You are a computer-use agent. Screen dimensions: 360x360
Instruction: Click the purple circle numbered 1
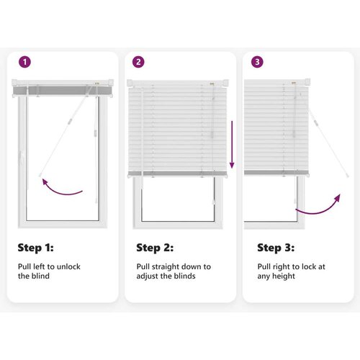[x=24, y=62]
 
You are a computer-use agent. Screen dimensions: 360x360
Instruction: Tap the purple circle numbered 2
[x=138, y=62]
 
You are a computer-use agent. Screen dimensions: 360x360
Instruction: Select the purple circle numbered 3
[x=257, y=62]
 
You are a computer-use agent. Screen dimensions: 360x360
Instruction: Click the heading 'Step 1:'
[x=35, y=248]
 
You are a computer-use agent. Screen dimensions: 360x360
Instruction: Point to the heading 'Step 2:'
[x=155, y=248]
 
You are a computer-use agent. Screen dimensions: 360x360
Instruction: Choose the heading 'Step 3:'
[x=276, y=248]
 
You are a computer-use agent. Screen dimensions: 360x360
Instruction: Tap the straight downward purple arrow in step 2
[x=232, y=145]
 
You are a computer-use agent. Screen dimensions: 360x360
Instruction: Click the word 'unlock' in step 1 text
[x=68, y=266]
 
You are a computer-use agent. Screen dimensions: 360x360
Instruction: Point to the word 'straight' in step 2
[x=166, y=267]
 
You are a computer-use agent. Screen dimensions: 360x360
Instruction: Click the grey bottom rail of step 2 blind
[x=178, y=174]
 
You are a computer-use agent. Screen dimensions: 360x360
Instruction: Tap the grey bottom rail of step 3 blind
[x=276, y=172]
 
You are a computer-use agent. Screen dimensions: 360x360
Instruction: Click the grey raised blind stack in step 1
[x=63, y=91]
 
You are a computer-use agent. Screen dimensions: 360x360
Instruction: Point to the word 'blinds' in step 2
[x=184, y=276]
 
